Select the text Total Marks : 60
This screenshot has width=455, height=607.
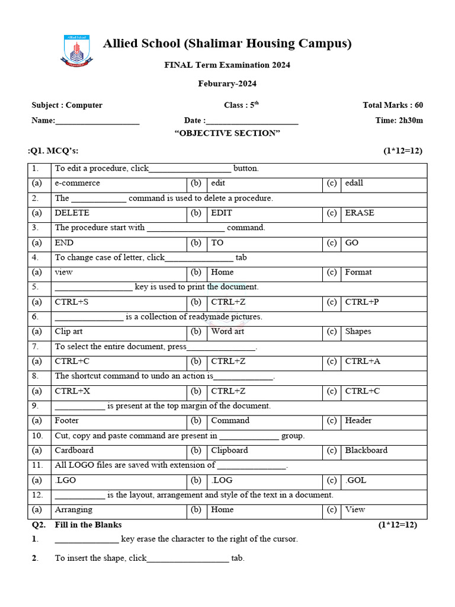tap(393, 105)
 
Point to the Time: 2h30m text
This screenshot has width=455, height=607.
tap(399, 120)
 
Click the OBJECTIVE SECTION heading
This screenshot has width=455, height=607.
tap(227, 133)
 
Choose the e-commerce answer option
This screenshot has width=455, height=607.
tap(78, 183)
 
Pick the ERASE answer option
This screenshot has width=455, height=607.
tap(360, 213)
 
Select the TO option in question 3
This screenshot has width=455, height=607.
tap(217, 242)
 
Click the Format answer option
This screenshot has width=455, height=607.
tap(358, 272)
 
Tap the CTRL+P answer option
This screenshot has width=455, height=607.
tap(361, 302)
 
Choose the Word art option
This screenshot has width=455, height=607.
tap(227, 331)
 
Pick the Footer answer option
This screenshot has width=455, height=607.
tap(67, 420)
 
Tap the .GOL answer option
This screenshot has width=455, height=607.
tap(355, 480)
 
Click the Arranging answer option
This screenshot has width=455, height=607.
tap(73, 509)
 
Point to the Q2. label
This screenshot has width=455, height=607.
tap(39, 525)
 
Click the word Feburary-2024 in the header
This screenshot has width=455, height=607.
tap(227, 84)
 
